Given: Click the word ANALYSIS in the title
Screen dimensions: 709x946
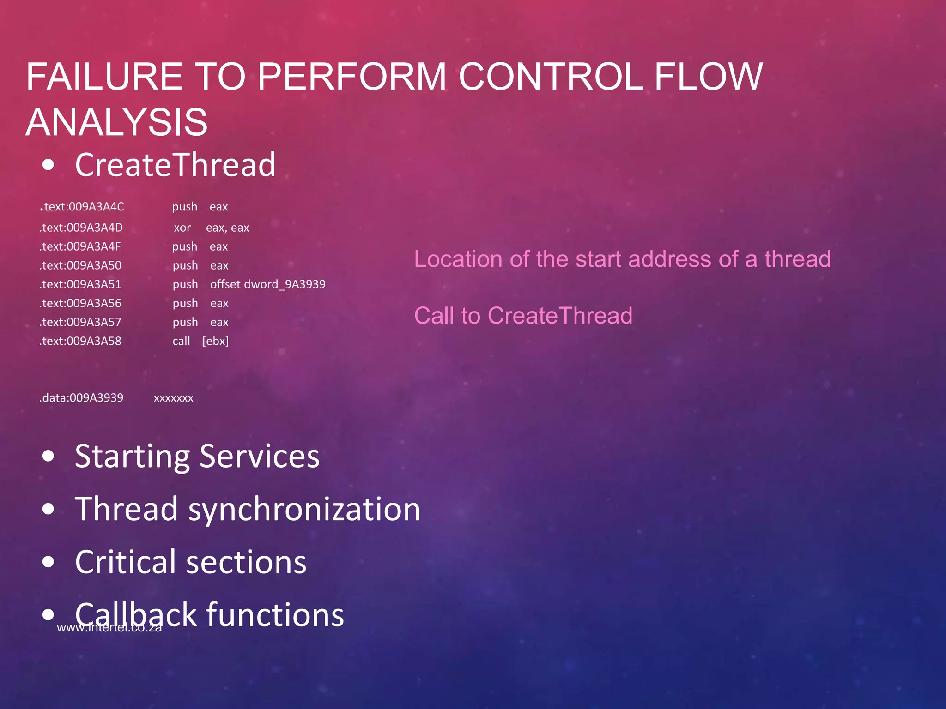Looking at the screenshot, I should tap(116, 122).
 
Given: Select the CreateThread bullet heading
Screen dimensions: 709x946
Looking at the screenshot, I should tap(175, 165).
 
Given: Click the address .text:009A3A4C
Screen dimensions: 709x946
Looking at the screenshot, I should tap(82, 207).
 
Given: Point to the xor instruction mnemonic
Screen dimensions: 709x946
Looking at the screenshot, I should tap(182, 228).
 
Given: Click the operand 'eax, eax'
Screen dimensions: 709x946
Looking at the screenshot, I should tap(227, 228).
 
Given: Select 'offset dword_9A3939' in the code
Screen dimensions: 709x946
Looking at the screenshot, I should tap(267, 284).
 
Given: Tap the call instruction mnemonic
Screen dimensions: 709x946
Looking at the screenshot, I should tap(181, 341).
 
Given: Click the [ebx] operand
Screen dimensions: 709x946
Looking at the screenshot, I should tap(215, 341).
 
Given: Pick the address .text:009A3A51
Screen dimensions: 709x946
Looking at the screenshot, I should tap(80, 284).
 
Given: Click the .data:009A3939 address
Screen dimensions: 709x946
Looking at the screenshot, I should tap(81, 398).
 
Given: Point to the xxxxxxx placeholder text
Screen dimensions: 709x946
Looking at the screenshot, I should tap(173, 398).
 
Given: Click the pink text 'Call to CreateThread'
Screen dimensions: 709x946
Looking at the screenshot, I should tap(523, 316).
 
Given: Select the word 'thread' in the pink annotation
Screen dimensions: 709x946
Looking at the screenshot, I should tap(797, 259).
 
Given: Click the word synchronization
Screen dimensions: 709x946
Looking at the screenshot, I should tap(304, 509).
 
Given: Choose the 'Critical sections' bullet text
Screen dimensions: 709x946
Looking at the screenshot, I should tap(190, 562).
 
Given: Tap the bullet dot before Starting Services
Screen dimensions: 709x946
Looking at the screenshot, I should tap(48, 456).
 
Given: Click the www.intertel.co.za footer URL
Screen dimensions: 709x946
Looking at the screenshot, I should tap(109, 628).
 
